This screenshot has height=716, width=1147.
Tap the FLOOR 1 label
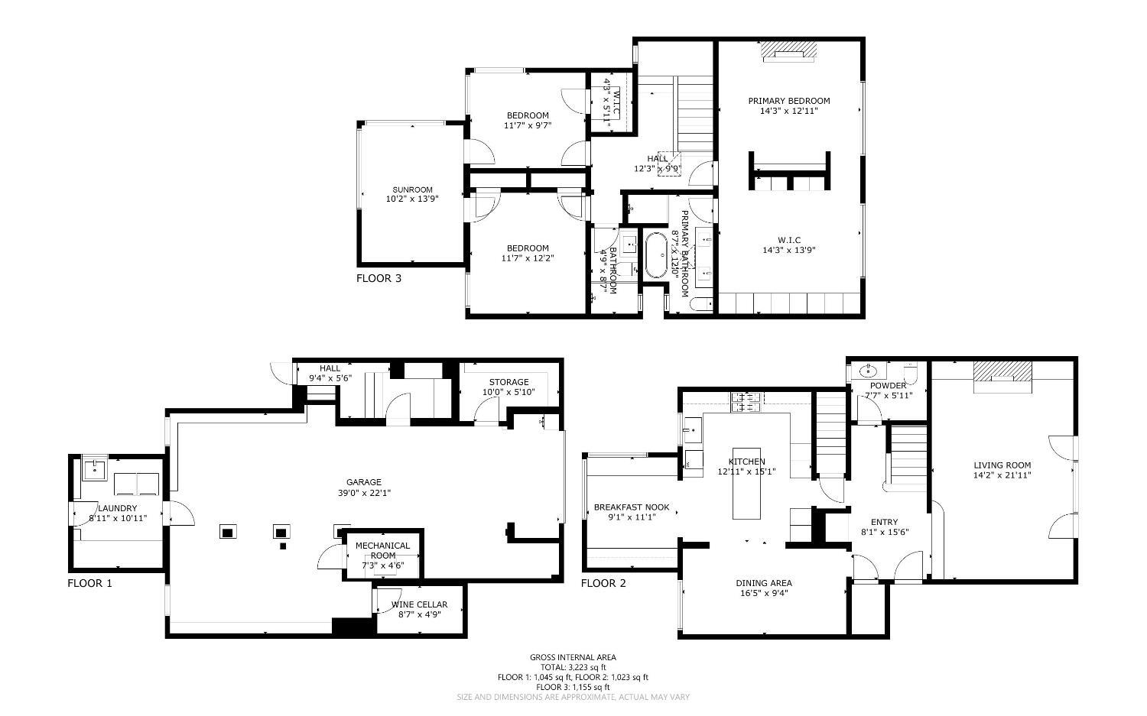pos(89,583)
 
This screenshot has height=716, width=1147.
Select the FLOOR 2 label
pos(603,583)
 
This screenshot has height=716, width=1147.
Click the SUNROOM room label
pos(413,190)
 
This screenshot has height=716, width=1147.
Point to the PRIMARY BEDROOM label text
pos(788,101)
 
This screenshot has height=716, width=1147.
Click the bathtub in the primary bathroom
pos(655,254)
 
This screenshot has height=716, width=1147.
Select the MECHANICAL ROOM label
pos(382,550)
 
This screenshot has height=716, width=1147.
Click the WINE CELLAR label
pos(419,604)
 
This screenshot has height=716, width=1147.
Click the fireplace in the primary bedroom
pos(788,53)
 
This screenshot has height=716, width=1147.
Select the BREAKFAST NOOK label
pos(632,507)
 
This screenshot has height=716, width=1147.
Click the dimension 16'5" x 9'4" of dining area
pos(764,593)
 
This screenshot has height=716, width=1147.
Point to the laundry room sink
pos(96,468)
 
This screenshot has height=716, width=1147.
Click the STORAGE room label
pos(509,382)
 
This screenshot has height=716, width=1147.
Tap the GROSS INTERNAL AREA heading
pos(573,657)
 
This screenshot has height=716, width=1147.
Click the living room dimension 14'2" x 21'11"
pos(1002,475)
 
